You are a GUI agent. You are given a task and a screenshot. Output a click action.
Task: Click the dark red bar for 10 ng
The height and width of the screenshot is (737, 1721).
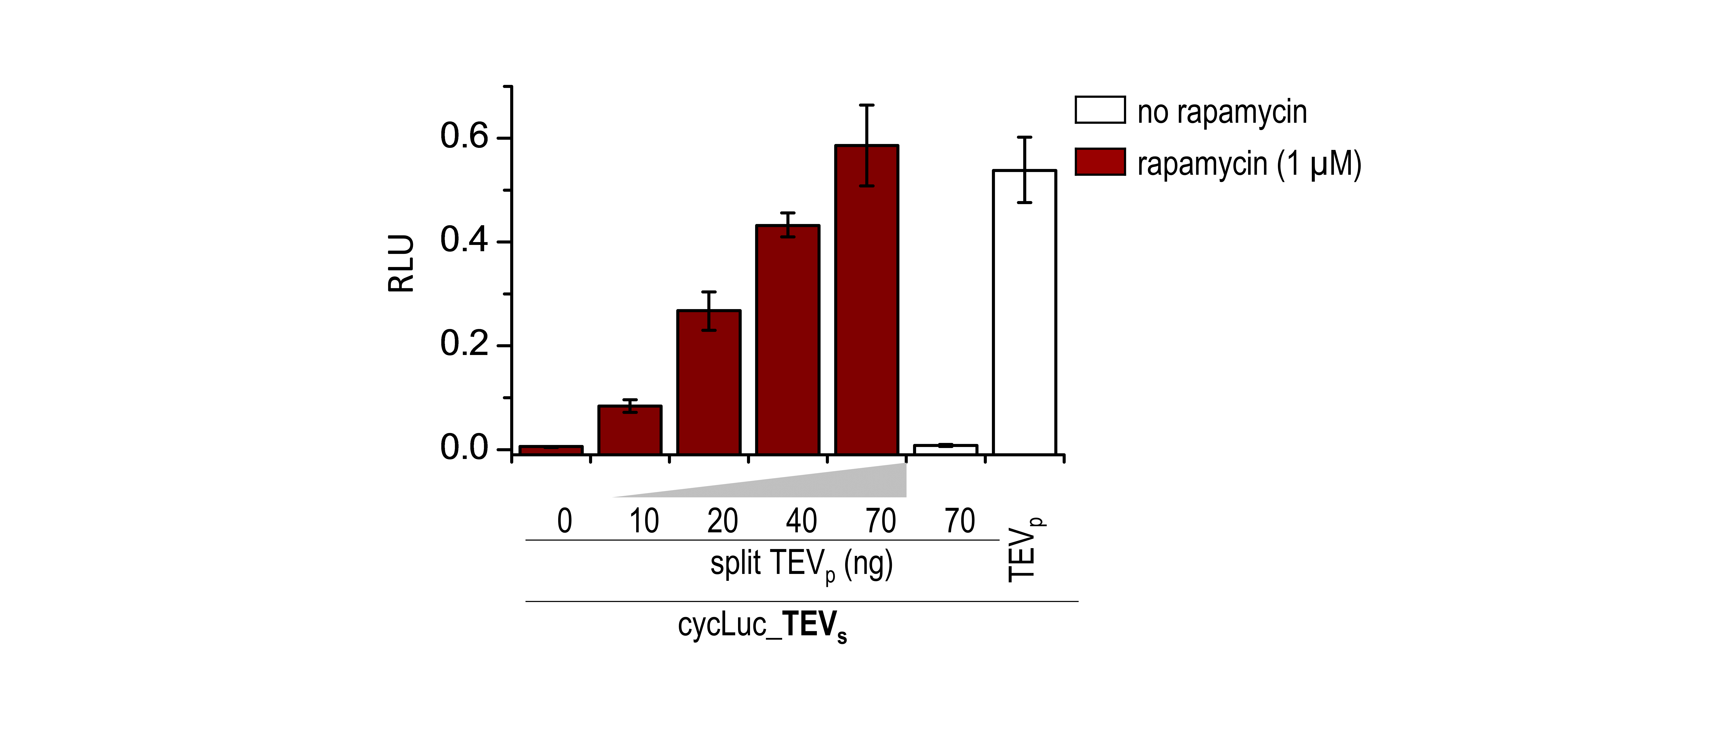[x=629, y=431]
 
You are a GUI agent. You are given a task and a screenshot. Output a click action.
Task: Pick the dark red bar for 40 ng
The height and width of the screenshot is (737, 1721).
[x=788, y=340]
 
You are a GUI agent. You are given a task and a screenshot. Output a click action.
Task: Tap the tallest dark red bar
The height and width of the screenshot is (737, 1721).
[x=866, y=300]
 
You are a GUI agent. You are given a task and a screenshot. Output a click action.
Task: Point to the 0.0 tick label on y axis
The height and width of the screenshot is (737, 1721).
[x=464, y=448]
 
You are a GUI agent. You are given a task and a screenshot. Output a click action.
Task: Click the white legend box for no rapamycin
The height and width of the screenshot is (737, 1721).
[x=1100, y=110]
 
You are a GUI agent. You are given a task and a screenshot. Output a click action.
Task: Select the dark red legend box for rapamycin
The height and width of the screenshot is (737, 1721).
[x=1100, y=162]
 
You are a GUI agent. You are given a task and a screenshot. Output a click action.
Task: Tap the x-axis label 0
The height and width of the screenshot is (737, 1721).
[x=564, y=521]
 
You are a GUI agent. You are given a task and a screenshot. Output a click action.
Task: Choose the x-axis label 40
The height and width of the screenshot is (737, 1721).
[x=801, y=521]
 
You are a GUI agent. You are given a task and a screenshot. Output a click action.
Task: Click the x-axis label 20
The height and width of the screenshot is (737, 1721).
[x=722, y=521]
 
